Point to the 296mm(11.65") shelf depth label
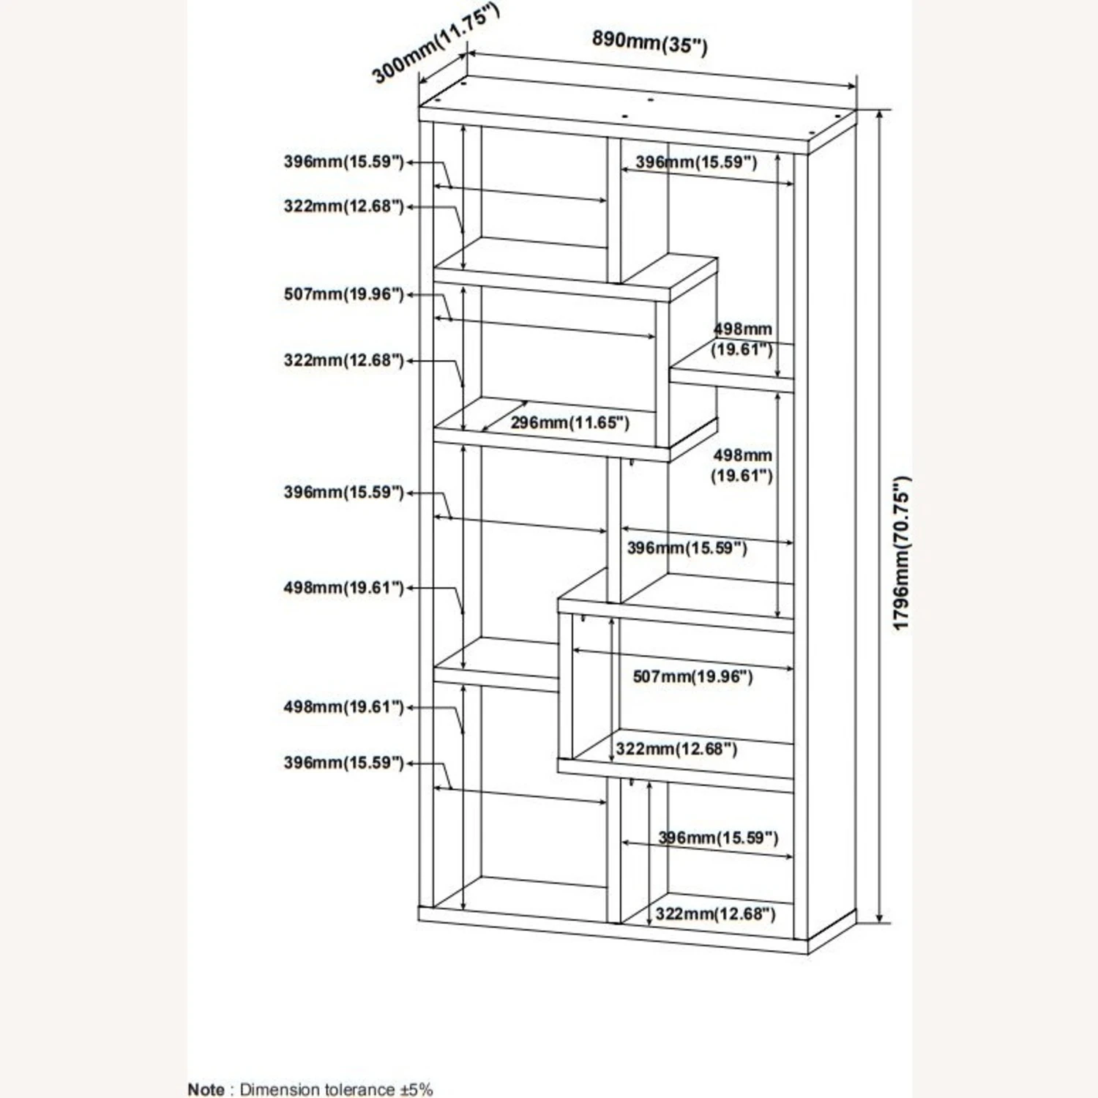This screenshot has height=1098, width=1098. coord(569,422)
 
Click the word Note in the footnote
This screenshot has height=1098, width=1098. coord(206,1089)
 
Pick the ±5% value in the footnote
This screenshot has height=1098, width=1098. coord(417,1089)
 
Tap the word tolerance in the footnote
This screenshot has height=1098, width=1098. coord(358,1089)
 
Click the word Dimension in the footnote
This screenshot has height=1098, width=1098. coord(279,1089)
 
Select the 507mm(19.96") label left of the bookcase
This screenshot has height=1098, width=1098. coord(343,294)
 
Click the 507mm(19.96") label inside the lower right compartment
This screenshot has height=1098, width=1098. coord(692,676)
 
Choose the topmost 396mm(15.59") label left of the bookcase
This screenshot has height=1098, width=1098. coord(343,162)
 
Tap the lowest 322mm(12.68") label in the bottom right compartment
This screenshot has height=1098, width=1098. coord(714,914)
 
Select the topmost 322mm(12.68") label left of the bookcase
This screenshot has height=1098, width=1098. coord(343,206)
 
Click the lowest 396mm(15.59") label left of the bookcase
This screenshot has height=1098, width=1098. coord(343,763)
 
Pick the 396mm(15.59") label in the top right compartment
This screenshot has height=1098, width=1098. coord(695,163)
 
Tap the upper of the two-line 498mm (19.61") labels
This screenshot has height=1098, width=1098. coord(742,339)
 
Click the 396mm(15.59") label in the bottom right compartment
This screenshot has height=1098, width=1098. coord(718,837)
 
